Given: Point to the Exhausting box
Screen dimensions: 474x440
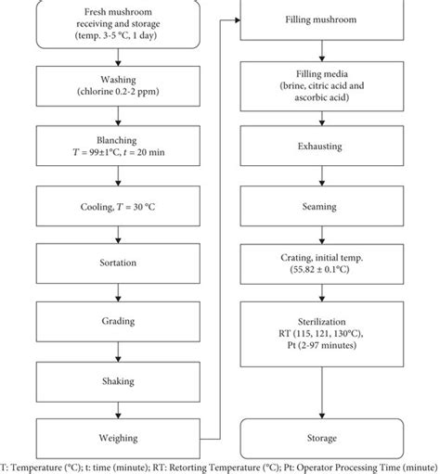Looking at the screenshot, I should coord(320,146).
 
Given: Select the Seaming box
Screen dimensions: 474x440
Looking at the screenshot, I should coord(320,206).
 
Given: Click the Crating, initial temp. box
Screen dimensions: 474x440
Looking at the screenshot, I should coord(320,263).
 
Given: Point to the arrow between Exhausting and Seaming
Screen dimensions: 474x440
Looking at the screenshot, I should coord(320,176).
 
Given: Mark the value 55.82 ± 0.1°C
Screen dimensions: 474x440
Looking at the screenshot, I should coord(320,271).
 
